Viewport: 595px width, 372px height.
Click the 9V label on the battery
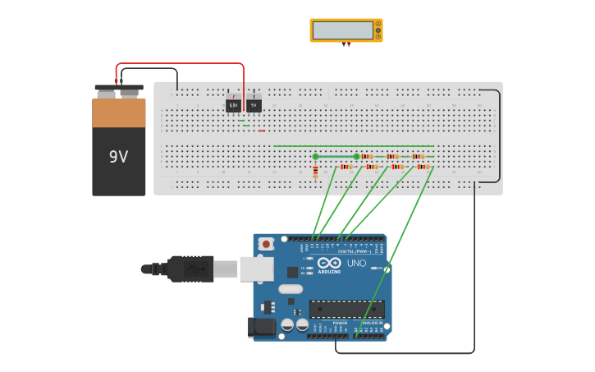[118, 156]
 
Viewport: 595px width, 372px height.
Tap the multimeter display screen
[342, 30]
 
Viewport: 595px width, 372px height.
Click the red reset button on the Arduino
[265, 244]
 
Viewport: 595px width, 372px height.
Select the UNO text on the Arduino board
[356, 264]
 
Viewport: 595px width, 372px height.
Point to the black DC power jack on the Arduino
[262, 328]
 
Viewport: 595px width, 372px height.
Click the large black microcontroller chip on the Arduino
[346, 309]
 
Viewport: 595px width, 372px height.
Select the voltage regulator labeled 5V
[254, 105]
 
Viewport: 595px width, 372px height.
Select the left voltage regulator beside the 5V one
[234, 105]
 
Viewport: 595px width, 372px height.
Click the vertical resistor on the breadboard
[315, 172]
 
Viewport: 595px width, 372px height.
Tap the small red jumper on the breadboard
[262, 131]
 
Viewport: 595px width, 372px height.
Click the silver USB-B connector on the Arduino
[256, 269]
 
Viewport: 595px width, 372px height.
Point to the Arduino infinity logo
[329, 264]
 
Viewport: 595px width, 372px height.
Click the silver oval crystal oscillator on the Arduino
[290, 288]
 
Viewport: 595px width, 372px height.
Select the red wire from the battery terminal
[181, 64]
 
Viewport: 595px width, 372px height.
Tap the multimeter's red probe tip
[349, 46]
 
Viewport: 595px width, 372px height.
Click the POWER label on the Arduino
[340, 323]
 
